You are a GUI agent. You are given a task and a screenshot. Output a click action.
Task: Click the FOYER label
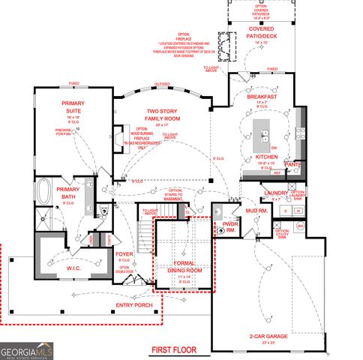[x=124, y=254]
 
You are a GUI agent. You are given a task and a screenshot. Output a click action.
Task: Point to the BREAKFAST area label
[x=262, y=97]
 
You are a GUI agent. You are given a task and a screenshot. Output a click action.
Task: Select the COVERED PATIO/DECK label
[x=262, y=33]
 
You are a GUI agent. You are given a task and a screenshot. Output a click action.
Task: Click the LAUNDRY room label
[x=277, y=192]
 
